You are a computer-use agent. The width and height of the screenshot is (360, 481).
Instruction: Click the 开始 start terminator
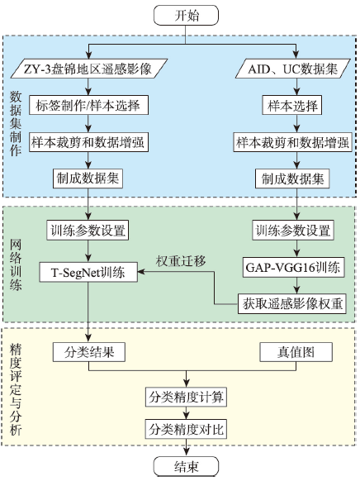coord(186,15)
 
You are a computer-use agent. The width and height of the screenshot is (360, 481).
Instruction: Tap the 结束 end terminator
coord(186,467)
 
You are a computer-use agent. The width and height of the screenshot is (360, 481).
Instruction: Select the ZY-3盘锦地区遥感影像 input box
coord(89,69)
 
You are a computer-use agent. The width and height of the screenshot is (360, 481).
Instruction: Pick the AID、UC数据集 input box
coord(293,69)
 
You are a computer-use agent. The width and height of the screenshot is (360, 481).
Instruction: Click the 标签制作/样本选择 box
coord(88,105)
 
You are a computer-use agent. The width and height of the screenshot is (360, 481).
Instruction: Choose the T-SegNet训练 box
coord(88,272)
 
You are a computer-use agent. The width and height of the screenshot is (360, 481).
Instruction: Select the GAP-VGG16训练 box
coord(293,268)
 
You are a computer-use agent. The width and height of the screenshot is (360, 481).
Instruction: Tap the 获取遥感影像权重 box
coord(292,303)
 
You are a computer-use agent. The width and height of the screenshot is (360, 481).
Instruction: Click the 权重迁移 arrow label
coord(181,260)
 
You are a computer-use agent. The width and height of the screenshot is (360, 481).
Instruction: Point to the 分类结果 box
coord(89,352)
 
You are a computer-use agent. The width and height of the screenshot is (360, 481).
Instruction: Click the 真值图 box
coord(296,352)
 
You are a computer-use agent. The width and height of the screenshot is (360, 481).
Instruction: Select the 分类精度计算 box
coord(186,397)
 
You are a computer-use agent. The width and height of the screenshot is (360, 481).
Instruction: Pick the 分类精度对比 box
coord(186,429)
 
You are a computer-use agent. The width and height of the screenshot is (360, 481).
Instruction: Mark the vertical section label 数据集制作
coord(16,123)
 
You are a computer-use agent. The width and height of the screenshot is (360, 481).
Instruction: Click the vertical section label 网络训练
coord(16,265)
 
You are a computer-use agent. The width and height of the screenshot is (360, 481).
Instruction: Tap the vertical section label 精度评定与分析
coord(16,389)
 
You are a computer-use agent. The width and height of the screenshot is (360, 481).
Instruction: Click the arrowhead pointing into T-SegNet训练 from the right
coord(141,271)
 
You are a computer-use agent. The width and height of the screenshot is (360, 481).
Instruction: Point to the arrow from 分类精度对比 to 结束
coord(186,448)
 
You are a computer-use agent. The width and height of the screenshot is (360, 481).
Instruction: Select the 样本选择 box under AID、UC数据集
coord(292,105)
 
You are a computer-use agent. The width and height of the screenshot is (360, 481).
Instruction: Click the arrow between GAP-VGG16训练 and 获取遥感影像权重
coord(296,286)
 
